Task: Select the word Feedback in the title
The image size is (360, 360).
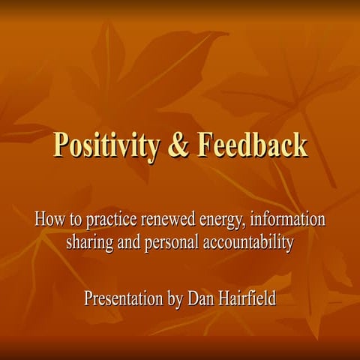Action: (x=251, y=144)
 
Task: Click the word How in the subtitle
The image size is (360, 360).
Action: (x=49, y=220)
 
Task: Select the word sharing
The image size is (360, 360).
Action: (x=91, y=244)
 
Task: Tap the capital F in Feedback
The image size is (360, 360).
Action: (x=205, y=144)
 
